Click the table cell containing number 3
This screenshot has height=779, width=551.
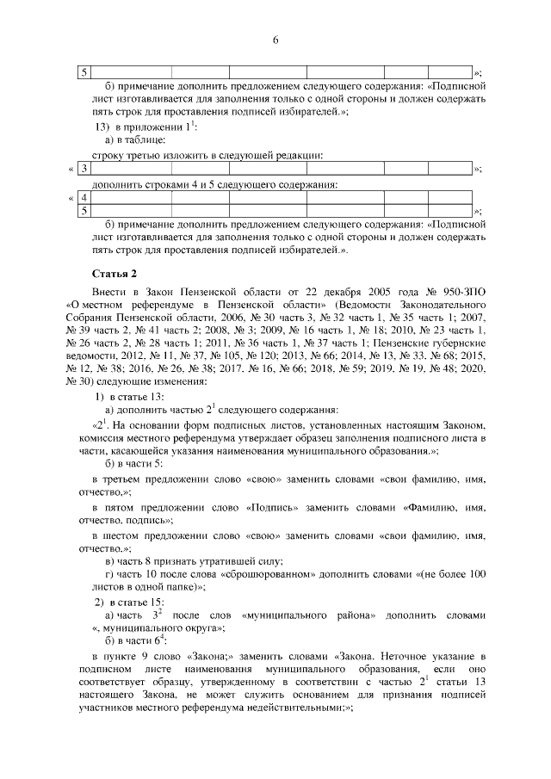84,168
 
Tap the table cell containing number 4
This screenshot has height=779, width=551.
84,197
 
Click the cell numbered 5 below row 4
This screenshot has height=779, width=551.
84,209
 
